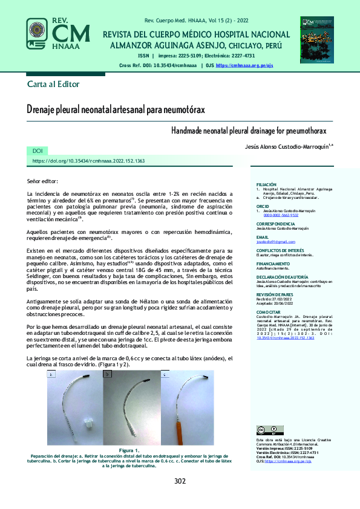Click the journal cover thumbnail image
tap(316, 39)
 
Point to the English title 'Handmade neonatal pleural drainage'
tap(248, 131)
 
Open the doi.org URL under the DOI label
tap(88, 161)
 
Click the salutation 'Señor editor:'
tap(43, 181)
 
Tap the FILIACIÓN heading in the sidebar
tap(266, 184)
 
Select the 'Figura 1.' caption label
tap(129, 451)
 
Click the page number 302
tap(180, 481)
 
